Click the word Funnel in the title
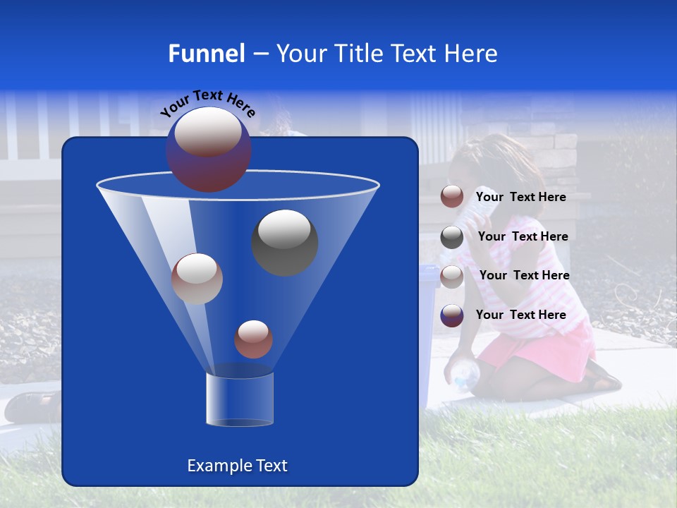(207, 54)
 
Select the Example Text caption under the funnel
(237, 466)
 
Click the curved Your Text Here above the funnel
(208, 103)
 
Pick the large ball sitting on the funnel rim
(209, 149)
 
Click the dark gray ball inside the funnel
(284, 242)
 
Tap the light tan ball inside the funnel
(197, 279)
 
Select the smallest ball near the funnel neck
(253, 339)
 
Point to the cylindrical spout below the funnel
(239, 399)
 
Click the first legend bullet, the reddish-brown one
(452, 197)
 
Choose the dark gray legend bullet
(452, 237)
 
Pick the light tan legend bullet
(452, 276)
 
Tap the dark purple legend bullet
(452, 315)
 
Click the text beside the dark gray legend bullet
(523, 237)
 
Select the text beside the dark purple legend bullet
(521, 315)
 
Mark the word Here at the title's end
(471, 54)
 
